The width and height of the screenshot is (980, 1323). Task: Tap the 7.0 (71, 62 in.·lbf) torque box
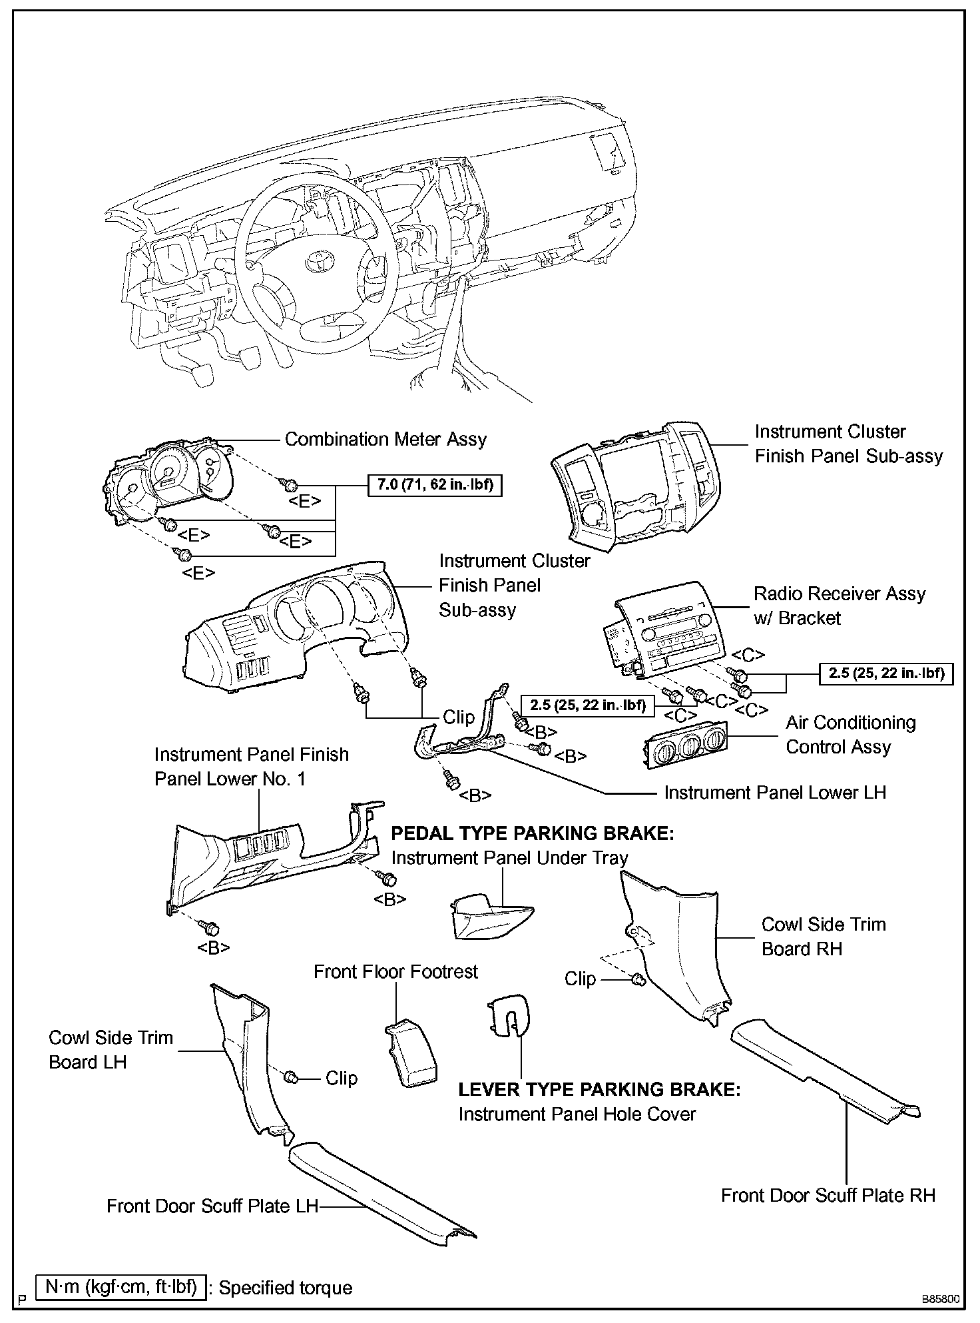[x=435, y=484]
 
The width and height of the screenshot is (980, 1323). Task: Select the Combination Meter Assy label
[x=385, y=440]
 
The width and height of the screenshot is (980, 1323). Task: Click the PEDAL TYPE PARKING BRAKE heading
[x=532, y=833]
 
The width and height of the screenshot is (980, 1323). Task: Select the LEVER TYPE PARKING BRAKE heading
[x=599, y=1090]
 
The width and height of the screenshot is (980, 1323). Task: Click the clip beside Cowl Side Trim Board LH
[x=290, y=1077]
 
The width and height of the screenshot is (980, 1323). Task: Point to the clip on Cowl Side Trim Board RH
[x=637, y=979]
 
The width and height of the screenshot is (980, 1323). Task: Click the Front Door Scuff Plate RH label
[x=828, y=1195]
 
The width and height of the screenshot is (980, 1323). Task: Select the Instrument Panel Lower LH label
[x=775, y=793]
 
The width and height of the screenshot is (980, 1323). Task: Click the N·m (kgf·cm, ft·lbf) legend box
[x=121, y=1287]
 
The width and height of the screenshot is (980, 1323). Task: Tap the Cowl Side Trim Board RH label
[x=824, y=937]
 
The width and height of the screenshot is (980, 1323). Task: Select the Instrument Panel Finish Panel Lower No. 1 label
[x=251, y=767]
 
